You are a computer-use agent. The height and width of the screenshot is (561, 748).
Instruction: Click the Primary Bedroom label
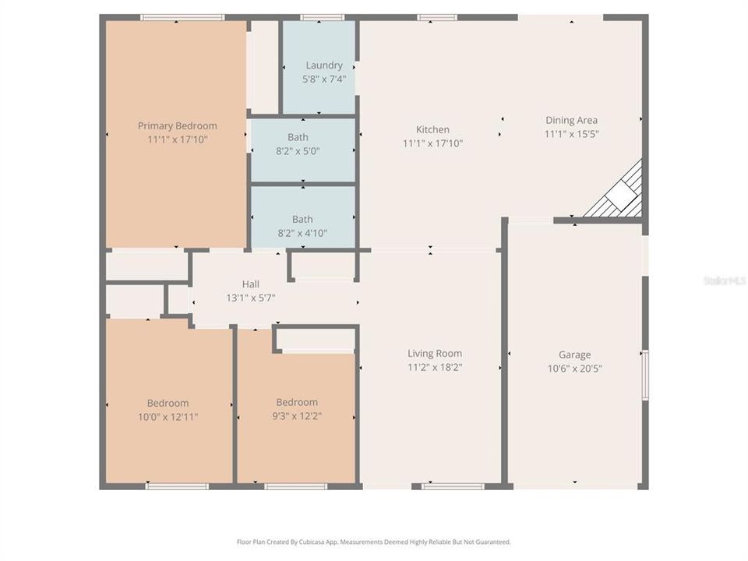pyautogui.click(x=178, y=126)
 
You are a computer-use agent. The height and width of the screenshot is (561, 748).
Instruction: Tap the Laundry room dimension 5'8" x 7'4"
pyautogui.click(x=323, y=79)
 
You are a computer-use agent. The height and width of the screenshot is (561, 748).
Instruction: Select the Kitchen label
pyautogui.click(x=432, y=130)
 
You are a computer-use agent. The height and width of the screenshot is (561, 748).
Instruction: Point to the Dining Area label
pyautogui.click(x=571, y=120)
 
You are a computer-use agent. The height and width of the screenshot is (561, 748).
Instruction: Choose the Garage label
pyautogui.click(x=574, y=355)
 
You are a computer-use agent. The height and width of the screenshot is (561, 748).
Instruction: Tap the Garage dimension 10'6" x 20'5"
pyautogui.click(x=574, y=369)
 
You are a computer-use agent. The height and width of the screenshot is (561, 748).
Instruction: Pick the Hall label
pyautogui.click(x=250, y=284)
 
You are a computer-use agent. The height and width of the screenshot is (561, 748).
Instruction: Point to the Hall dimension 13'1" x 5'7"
pyautogui.click(x=250, y=298)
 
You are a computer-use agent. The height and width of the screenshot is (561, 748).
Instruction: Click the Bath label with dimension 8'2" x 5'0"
pyautogui.click(x=298, y=138)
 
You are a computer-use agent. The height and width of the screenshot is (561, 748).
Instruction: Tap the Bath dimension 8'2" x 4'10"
pyautogui.click(x=302, y=233)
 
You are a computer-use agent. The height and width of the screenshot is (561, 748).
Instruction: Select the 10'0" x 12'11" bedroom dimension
pyautogui.click(x=168, y=417)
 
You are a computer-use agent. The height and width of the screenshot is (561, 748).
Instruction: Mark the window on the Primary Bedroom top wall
pyautogui.click(x=182, y=17)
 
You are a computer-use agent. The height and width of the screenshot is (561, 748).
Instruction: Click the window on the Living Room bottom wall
pyautogui.click(x=453, y=486)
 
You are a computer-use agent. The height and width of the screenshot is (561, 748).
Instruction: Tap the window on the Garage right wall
pyautogui.click(x=645, y=375)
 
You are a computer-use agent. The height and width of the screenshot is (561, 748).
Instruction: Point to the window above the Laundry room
pyautogui.click(x=322, y=17)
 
